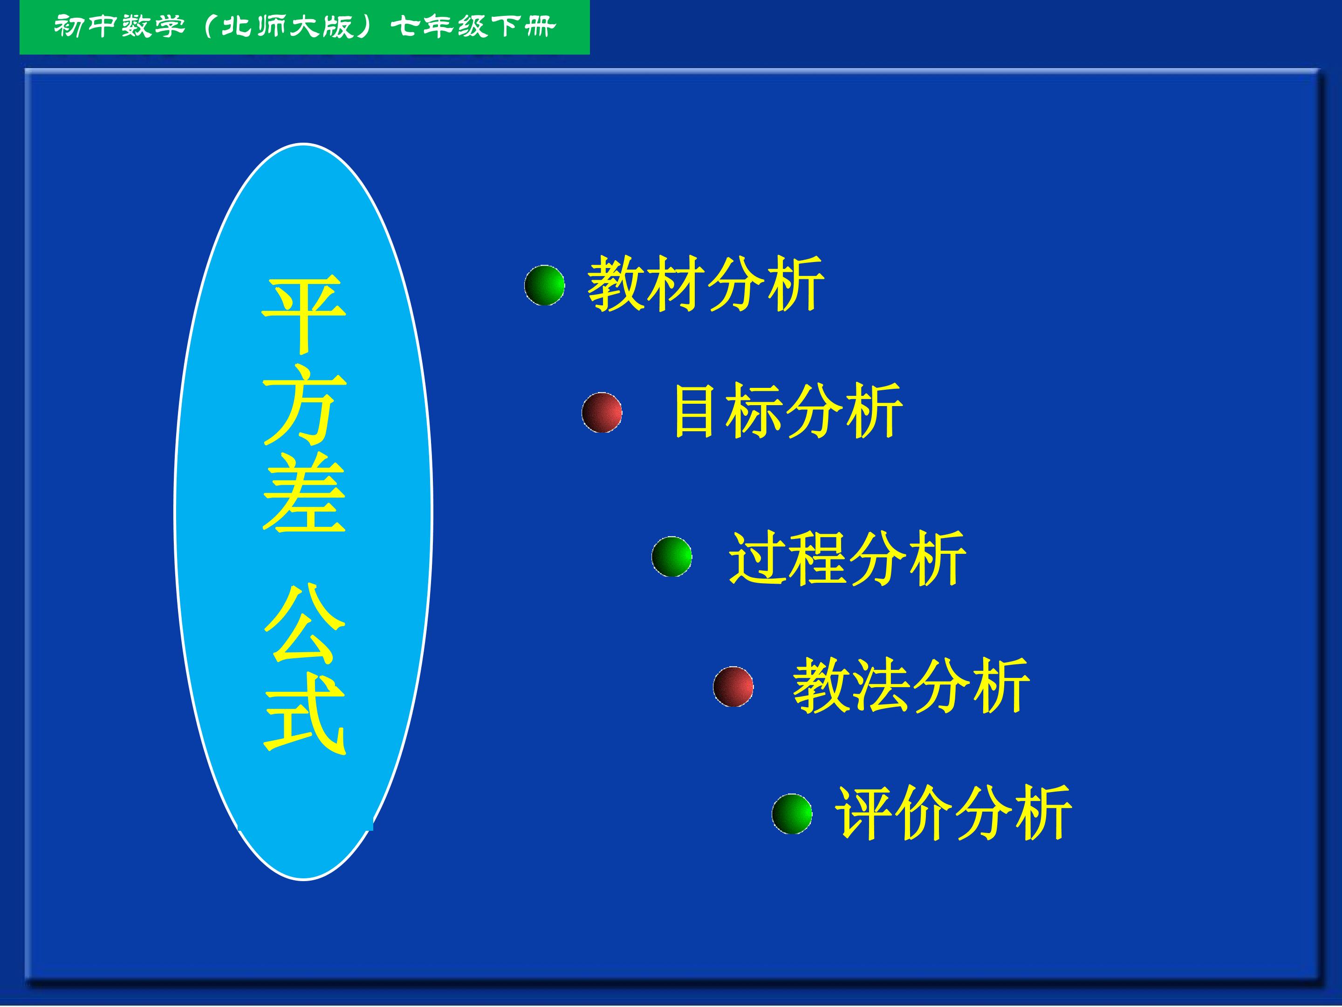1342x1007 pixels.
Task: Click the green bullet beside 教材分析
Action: click(x=544, y=285)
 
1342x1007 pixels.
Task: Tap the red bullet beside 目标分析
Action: click(x=602, y=413)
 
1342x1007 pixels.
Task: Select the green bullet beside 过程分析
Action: click(x=671, y=556)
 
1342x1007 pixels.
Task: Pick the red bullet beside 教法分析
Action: click(x=733, y=687)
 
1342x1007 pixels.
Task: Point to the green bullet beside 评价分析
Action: click(x=792, y=814)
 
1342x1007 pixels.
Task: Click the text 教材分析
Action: click(x=705, y=283)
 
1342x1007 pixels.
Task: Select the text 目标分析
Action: click(x=788, y=411)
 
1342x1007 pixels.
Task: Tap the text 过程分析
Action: click(x=847, y=558)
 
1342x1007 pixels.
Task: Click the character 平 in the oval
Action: click(x=304, y=314)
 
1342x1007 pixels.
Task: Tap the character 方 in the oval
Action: click(x=304, y=404)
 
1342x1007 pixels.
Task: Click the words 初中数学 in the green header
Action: click(x=119, y=26)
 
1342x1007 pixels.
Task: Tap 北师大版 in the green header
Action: click(x=287, y=26)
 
